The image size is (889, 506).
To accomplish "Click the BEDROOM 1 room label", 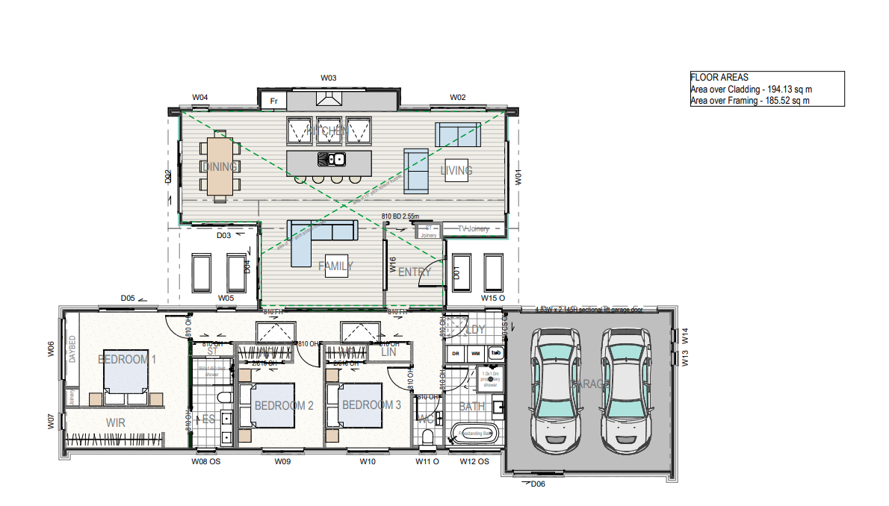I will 127,359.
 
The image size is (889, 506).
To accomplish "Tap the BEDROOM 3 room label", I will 371,405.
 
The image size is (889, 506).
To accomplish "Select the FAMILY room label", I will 335,266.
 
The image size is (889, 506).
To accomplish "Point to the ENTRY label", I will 414,272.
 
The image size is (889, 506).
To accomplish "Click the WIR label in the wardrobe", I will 115,422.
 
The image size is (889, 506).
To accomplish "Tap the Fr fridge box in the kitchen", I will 273,100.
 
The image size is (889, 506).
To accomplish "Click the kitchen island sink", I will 330,158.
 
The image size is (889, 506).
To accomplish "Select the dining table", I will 220,167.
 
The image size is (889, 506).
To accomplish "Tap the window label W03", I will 329,78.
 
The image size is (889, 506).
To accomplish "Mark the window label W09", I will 282,462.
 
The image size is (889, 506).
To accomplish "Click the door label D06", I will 537,484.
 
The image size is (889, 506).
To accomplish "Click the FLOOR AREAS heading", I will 719,78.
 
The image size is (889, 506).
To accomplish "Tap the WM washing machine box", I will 475,352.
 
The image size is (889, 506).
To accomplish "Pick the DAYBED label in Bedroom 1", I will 72,349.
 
